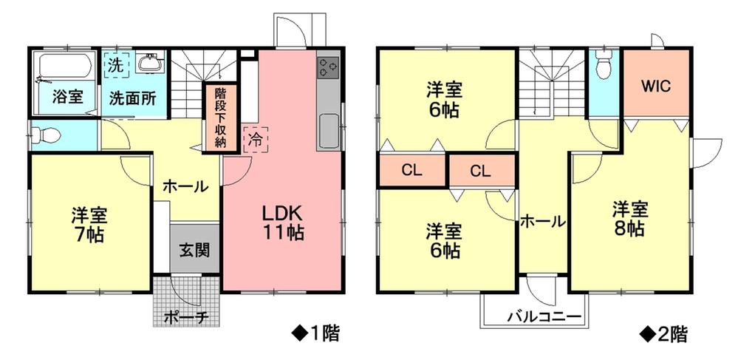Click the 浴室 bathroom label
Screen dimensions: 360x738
[x=66, y=96]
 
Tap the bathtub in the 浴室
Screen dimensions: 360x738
[x=64, y=68]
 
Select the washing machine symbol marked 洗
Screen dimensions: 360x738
[x=115, y=64]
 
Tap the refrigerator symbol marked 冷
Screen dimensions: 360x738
[x=255, y=137]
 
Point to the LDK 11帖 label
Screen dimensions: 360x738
[x=282, y=222]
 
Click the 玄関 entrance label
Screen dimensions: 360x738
[x=194, y=249]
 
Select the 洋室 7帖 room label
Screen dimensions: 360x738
[x=89, y=225]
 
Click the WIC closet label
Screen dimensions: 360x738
[x=655, y=85]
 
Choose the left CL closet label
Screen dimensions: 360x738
[x=411, y=170]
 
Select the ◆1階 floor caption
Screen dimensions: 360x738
[x=314, y=333]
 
